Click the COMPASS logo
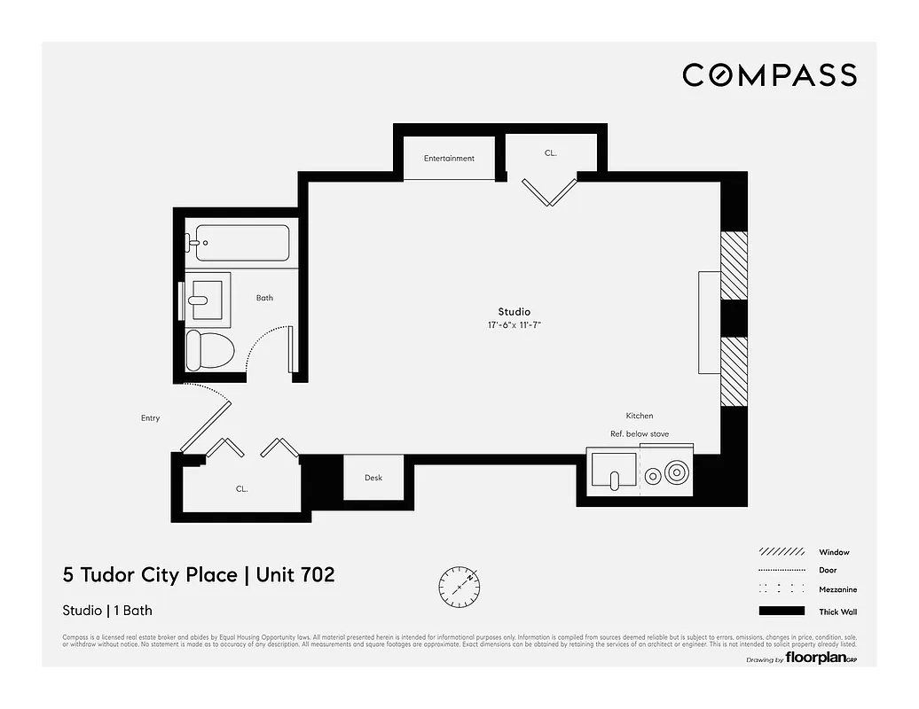(x=769, y=75)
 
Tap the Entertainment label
(x=449, y=159)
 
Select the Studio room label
(x=514, y=312)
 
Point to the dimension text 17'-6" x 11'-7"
(x=514, y=325)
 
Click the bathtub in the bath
(x=242, y=243)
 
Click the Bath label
(x=264, y=298)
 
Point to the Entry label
(x=150, y=418)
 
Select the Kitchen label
(x=639, y=416)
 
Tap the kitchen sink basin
(x=613, y=471)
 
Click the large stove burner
(x=677, y=473)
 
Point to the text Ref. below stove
(x=639, y=434)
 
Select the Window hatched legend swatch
(x=782, y=552)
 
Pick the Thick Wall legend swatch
(x=782, y=611)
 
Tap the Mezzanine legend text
(x=837, y=589)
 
